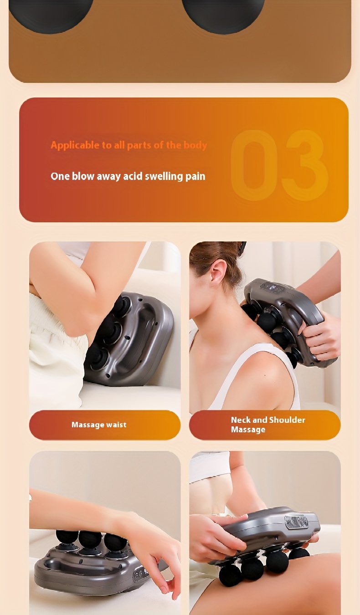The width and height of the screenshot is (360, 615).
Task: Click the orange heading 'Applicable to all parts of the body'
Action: (x=129, y=145)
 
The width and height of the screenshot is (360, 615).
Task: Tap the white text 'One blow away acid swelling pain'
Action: (x=128, y=176)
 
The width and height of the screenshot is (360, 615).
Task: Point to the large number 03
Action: (x=279, y=165)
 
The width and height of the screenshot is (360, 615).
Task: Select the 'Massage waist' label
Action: (x=99, y=425)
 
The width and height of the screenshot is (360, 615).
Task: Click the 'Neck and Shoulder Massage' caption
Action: (x=268, y=425)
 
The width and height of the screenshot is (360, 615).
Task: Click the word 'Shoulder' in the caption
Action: (x=287, y=420)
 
